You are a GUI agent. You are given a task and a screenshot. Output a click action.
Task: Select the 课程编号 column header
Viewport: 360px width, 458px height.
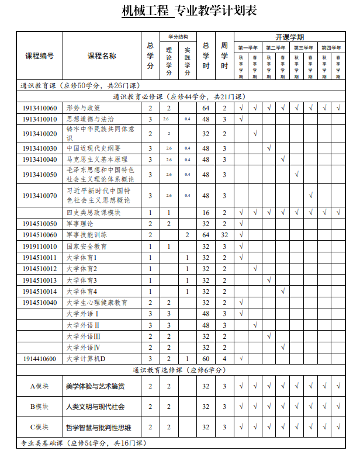(39, 56)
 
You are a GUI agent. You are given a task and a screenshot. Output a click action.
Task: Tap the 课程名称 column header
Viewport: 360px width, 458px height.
(102, 56)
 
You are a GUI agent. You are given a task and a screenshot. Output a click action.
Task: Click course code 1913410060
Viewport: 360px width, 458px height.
(40, 108)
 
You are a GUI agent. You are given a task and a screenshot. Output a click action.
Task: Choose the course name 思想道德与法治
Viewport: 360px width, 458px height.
(90, 119)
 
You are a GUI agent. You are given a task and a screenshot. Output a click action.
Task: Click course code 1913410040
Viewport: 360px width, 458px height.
(40, 159)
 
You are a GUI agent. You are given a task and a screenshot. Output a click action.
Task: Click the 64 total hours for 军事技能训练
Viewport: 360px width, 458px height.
(206, 235)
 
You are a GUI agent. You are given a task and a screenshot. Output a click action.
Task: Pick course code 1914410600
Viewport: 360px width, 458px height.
(40, 359)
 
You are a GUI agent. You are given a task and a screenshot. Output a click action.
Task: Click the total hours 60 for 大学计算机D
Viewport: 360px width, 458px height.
(206, 359)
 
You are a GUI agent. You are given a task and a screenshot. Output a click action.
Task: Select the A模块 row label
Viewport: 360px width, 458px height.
(39, 386)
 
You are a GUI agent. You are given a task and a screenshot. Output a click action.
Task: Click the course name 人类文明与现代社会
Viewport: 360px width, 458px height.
(95, 407)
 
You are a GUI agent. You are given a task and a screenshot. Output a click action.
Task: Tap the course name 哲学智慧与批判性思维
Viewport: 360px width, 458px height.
(99, 427)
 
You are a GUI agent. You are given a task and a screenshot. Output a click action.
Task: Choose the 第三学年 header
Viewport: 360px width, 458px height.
(303, 48)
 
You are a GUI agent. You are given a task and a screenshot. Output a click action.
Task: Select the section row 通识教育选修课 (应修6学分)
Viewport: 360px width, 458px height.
(179, 370)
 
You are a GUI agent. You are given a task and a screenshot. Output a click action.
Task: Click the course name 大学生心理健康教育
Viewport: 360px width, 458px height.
(97, 303)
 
